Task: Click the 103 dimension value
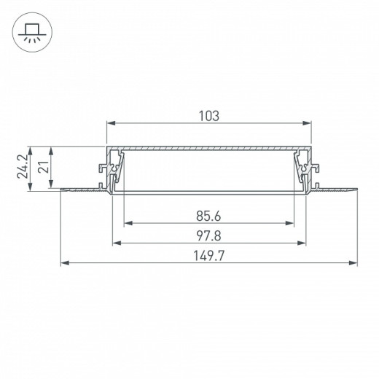(x=208, y=115)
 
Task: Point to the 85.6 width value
(x=208, y=216)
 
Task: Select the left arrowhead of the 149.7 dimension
(x=63, y=263)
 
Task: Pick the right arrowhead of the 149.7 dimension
(x=355, y=263)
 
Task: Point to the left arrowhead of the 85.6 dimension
(x=126, y=223)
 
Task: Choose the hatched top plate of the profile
(x=210, y=149)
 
